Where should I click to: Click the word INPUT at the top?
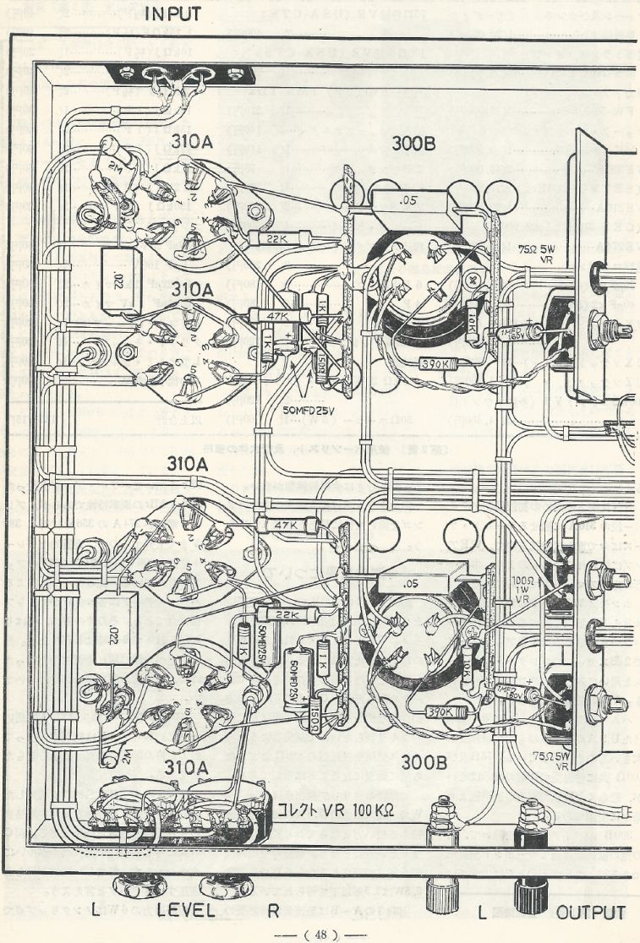pos(173,14)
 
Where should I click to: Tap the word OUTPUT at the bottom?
pos(591,913)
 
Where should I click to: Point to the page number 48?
pos(320,934)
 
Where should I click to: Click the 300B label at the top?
pos(415,143)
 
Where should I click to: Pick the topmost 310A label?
pos(191,143)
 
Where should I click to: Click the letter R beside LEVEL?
pos(274,913)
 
